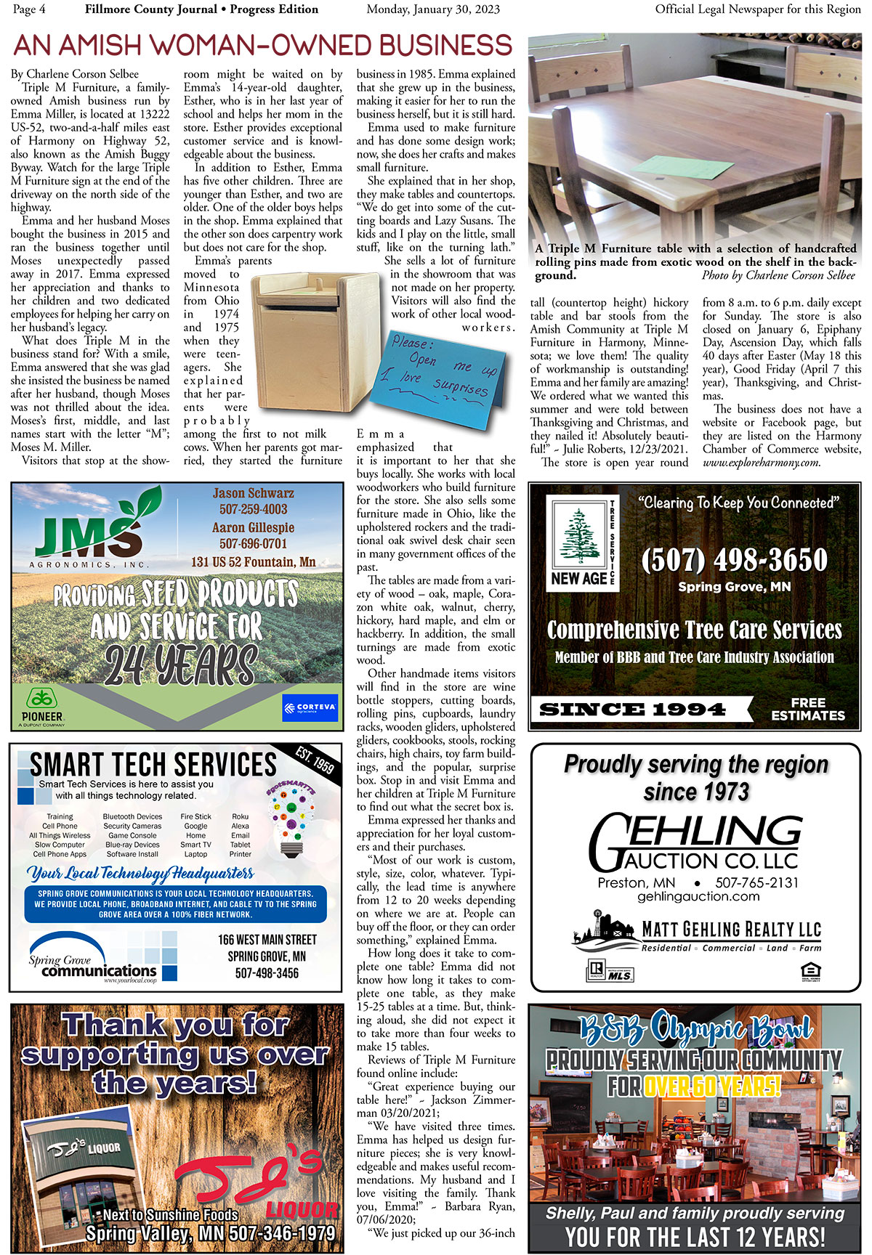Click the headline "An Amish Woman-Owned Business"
point(263,46)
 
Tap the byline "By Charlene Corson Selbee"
point(75,74)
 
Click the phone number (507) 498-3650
point(735,560)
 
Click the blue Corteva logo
point(310,707)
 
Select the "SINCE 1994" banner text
point(632,710)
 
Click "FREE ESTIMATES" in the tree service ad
point(808,709)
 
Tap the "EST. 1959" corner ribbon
point(315,759)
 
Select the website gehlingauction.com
point(698,897)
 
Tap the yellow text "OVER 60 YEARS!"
point(711,1087)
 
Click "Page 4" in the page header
point(29,9)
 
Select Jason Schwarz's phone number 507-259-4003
point(254,509)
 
